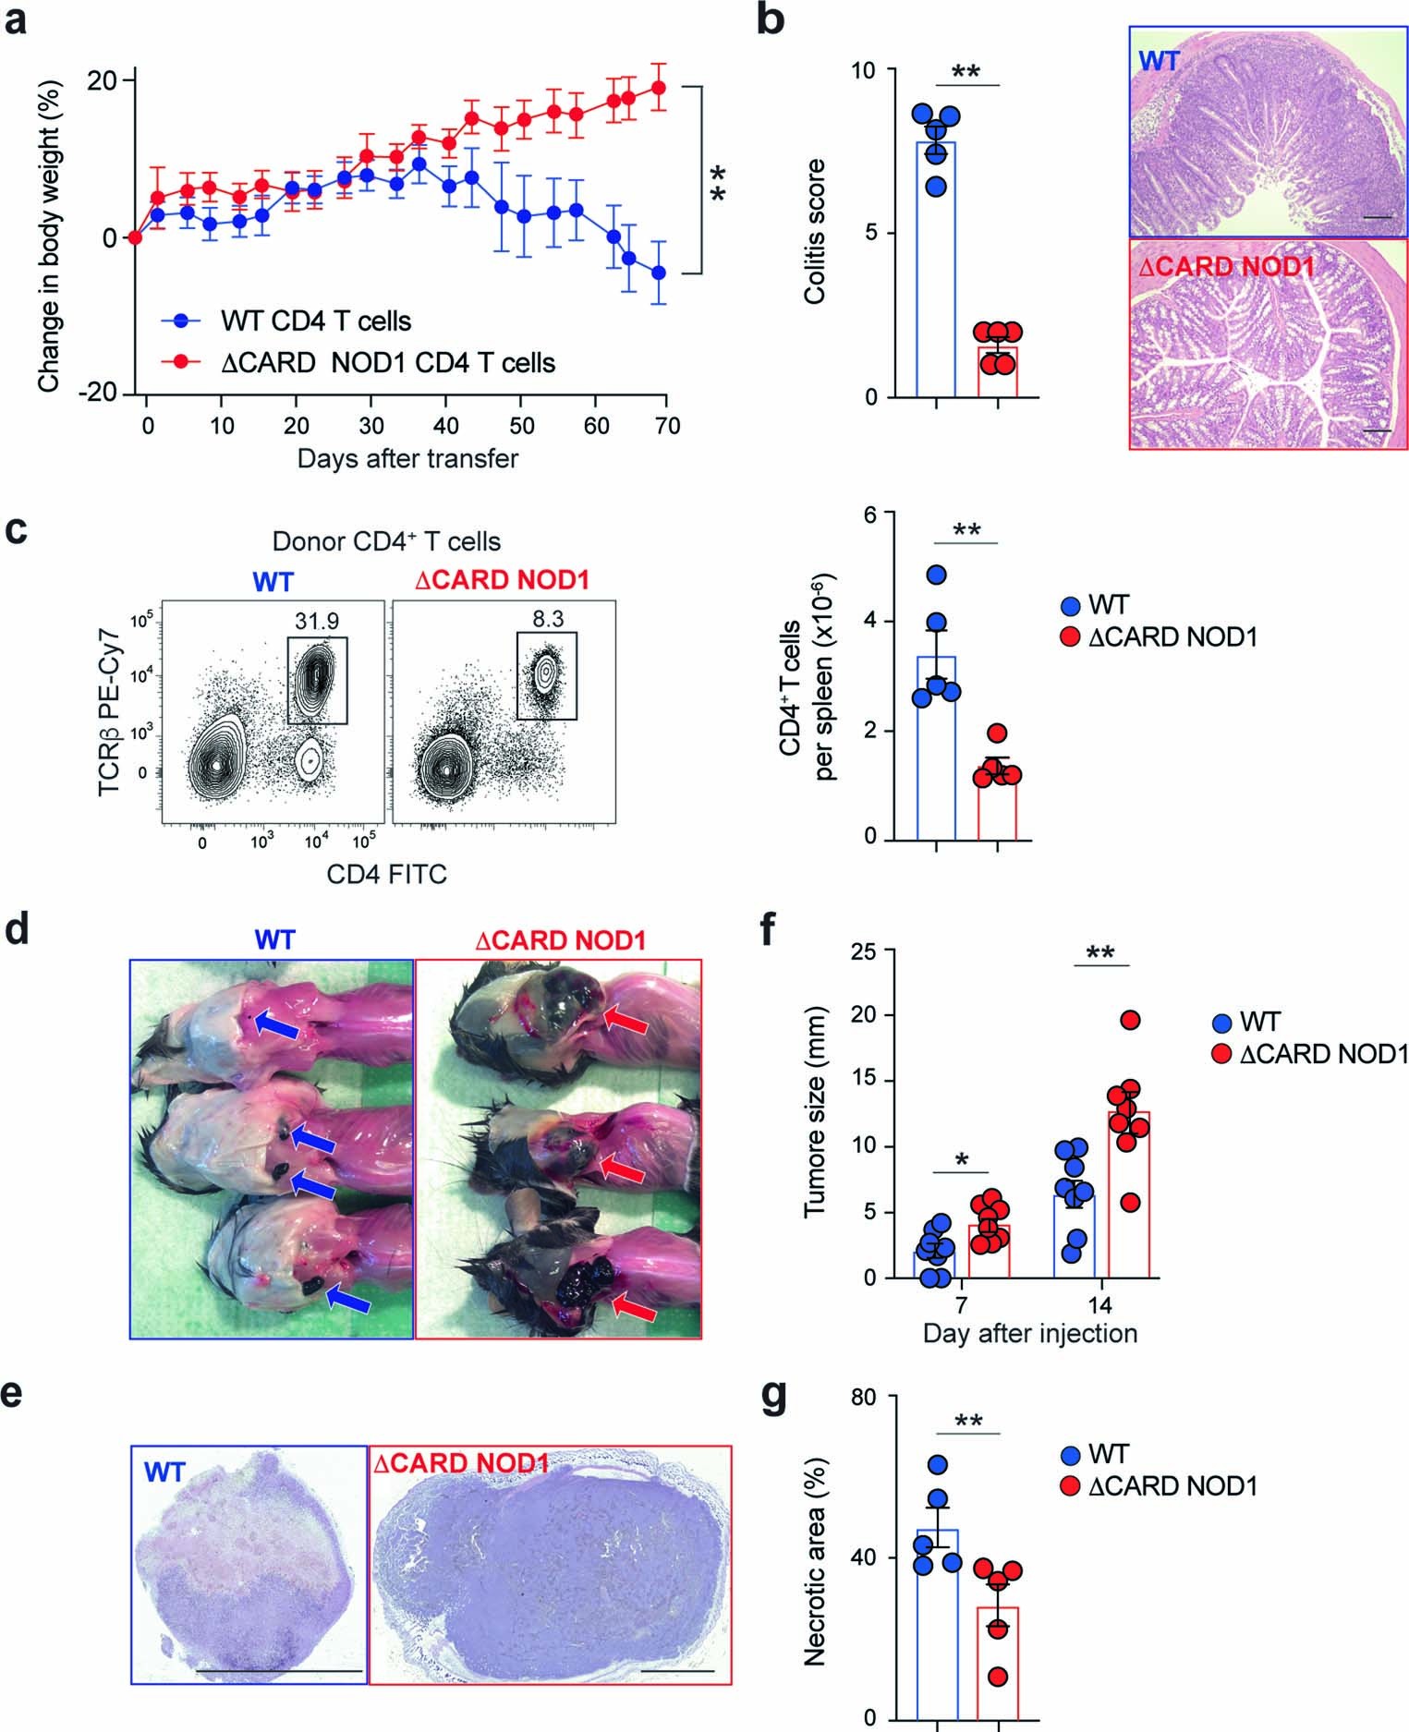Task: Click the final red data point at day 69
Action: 659,88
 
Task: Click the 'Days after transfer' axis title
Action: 407,458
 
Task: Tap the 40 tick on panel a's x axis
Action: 445,426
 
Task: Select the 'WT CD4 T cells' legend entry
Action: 287,321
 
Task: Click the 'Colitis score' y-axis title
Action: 814,232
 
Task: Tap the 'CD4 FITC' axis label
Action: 387,873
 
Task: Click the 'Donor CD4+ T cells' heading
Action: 386,541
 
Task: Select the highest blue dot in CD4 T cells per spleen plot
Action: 936,575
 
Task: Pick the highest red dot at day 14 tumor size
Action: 1131,1020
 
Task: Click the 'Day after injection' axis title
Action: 1029,1334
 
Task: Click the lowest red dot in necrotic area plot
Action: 997,1677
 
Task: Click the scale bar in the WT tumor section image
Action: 281,1670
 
